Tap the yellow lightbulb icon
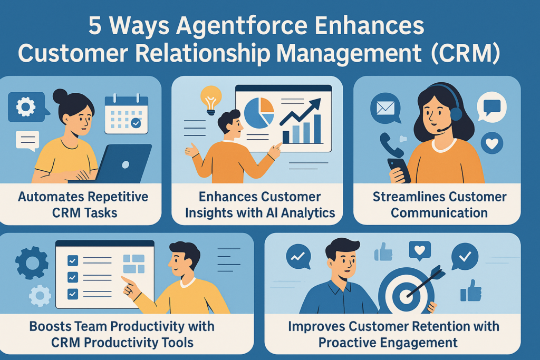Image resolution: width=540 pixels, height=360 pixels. click(210, 100)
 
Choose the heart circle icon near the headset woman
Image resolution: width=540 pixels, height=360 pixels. click(491, 142)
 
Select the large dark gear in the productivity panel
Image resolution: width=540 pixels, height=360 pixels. click(32, 262)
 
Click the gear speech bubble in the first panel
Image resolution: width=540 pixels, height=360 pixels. click(26, 108)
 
